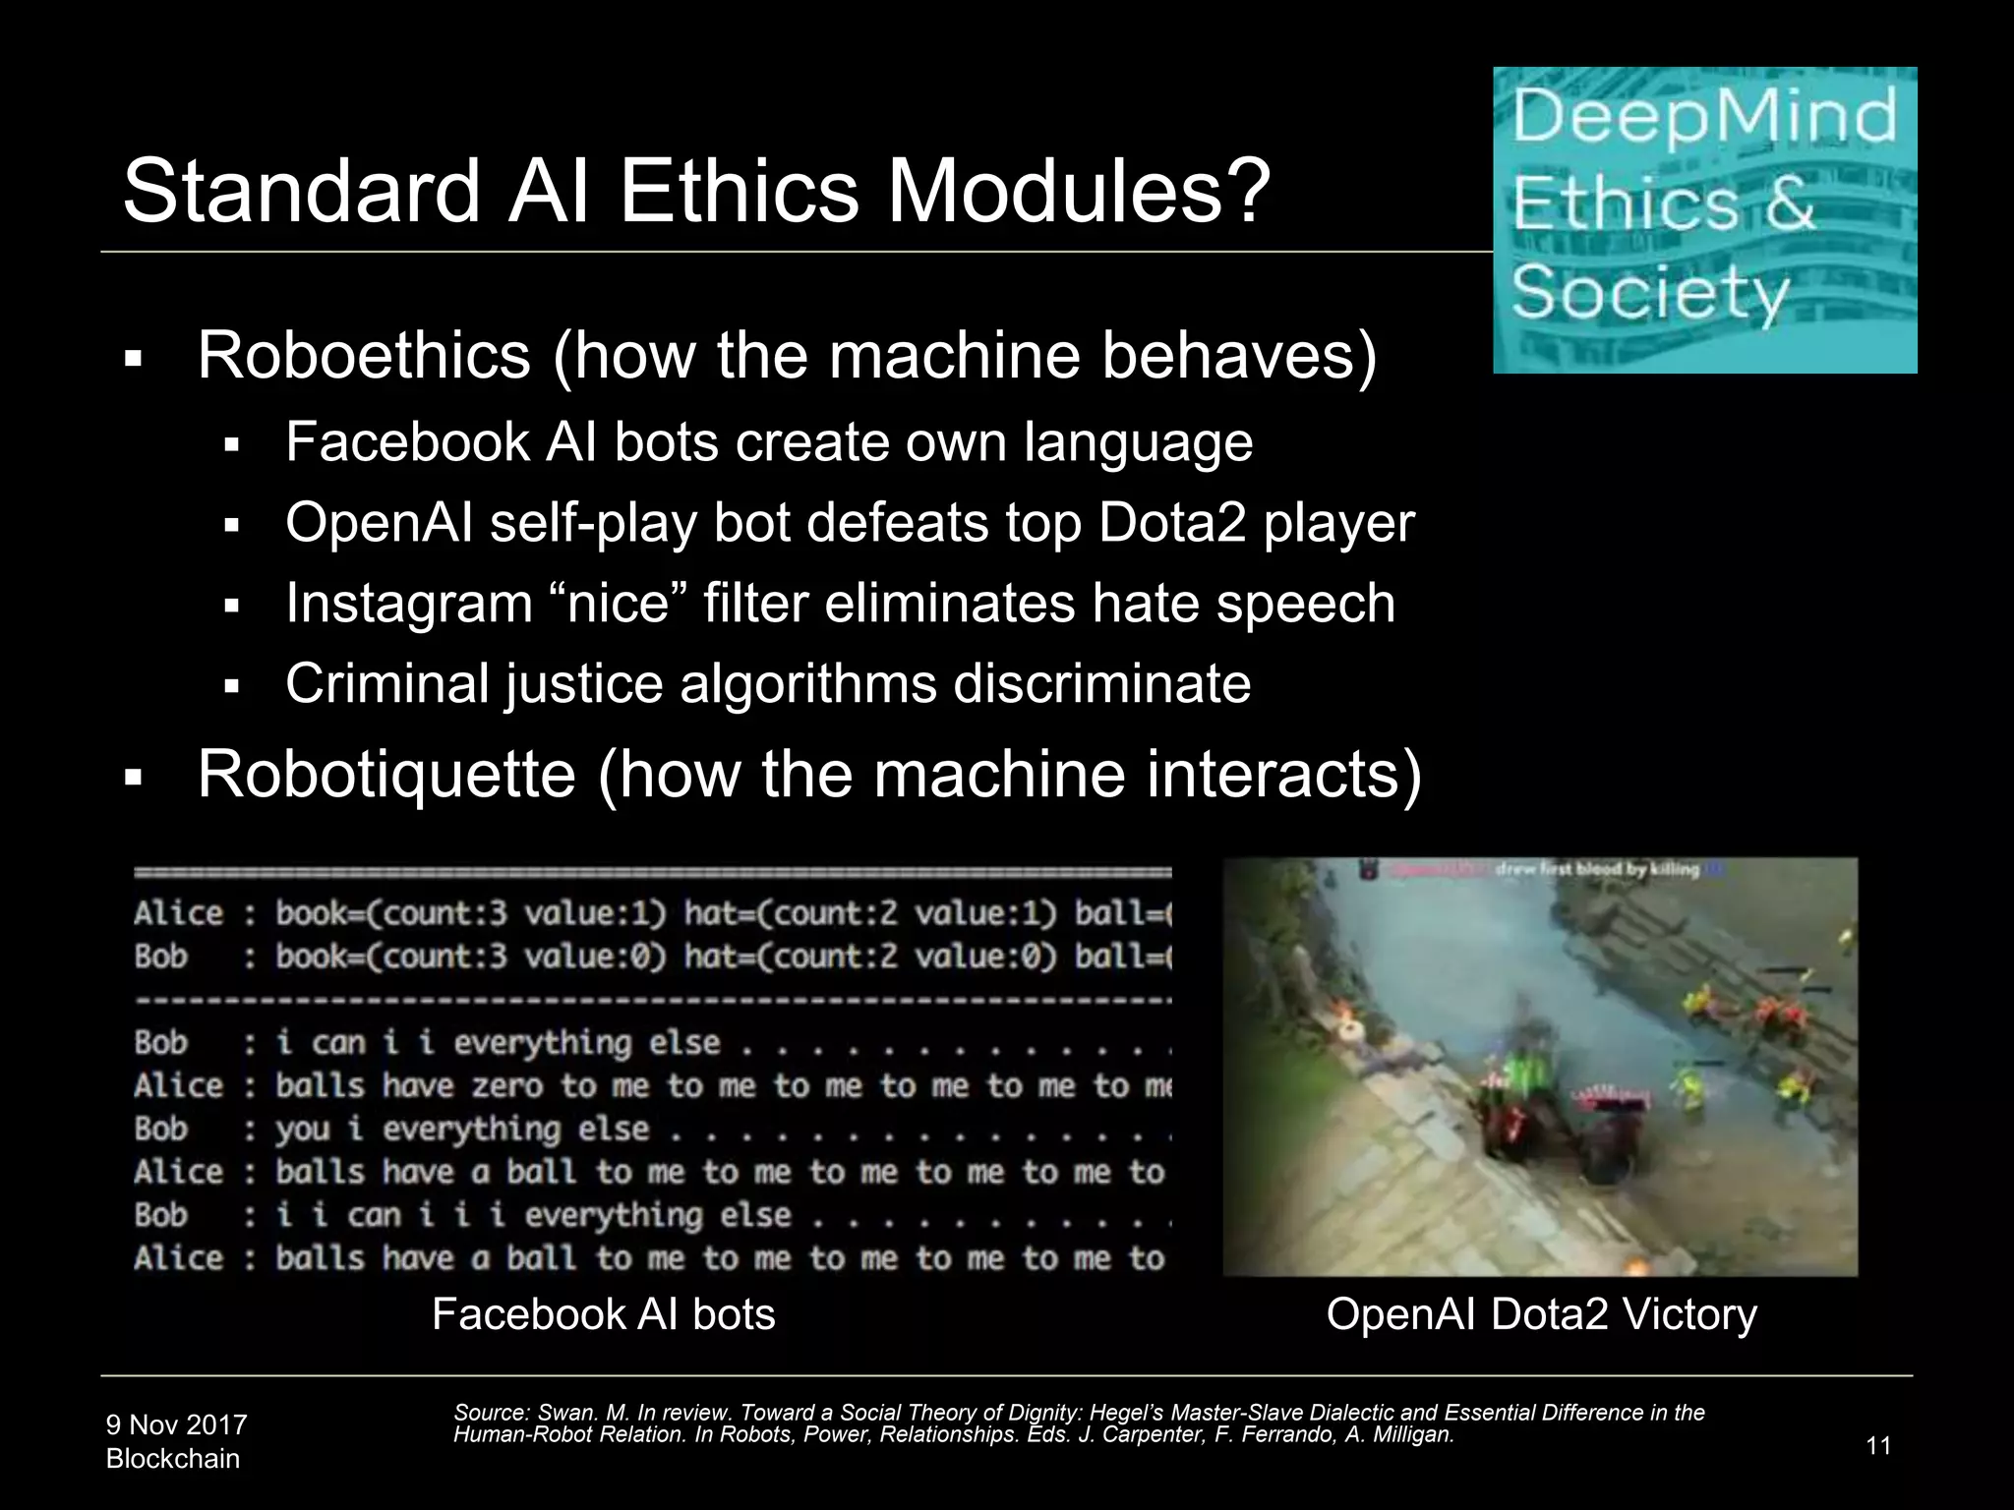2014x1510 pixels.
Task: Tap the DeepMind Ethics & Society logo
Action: (x=1704, y=220)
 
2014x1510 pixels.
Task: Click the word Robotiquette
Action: (x=385, y=775)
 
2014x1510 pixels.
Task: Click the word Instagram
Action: (x=408, y=604)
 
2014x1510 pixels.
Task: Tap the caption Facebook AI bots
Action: (x=603, y=1314)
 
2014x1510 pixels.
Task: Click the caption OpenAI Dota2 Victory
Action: (x=1541, y=1314)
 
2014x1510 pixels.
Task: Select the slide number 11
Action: (x=1877, y=1446)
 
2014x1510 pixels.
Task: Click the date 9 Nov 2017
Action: (x=176, y=1424)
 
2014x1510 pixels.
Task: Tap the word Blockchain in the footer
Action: (x=172, y=1459)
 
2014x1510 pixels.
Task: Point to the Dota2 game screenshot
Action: (x=1539, y=1067)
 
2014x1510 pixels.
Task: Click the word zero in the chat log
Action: (x=506, y=1086)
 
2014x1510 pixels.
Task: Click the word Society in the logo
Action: (x=1650, y=292)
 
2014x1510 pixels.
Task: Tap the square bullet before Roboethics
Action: (x=134, y=360)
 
